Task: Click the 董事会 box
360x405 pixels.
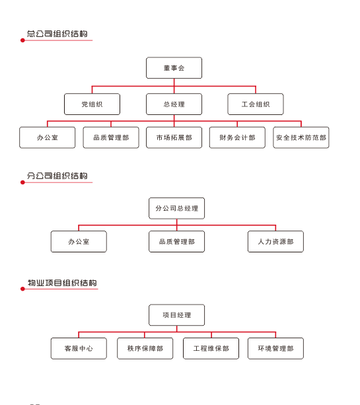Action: coord(174,68)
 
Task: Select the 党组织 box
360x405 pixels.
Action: coord(92,104)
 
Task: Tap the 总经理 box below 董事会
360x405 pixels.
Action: coord(174,104)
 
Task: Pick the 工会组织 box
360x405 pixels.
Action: coord(256,104)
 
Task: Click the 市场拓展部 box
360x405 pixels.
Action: coord(174,137)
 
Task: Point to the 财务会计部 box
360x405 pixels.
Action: coord(237,137)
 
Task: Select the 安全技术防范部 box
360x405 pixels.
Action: coord(301,137)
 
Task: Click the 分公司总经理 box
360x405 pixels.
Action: coord(176,208)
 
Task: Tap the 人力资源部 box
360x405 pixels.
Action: coord(276,242)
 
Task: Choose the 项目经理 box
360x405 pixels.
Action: coord(176,315)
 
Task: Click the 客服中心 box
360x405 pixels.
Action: coord(79,348)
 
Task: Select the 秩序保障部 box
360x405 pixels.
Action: coord(145,348)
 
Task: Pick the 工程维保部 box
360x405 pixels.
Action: coord(211,348)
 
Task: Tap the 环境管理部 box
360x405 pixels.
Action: coord(276,348)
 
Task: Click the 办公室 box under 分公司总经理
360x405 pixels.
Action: coord(79,242)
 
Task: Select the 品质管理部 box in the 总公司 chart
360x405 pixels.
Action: coord(111,137)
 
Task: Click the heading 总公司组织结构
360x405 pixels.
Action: coord(57,34)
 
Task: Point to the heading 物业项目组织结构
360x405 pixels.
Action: coord(62,283)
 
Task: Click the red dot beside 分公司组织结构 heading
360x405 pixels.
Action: coord(22,182)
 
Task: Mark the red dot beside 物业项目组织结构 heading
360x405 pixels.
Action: coord(22,289)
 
